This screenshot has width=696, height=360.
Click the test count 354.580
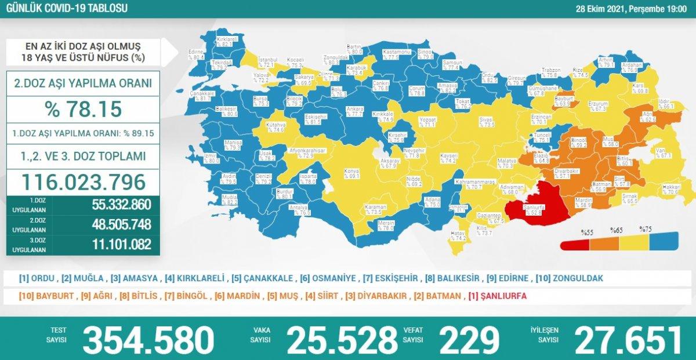click(148, 340)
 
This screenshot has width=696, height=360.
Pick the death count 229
click(469, 340)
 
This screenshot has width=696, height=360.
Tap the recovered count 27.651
click(626, 340)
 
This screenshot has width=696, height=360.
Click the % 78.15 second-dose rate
click(82, 108)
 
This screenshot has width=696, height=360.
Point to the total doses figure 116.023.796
click(82, 182)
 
